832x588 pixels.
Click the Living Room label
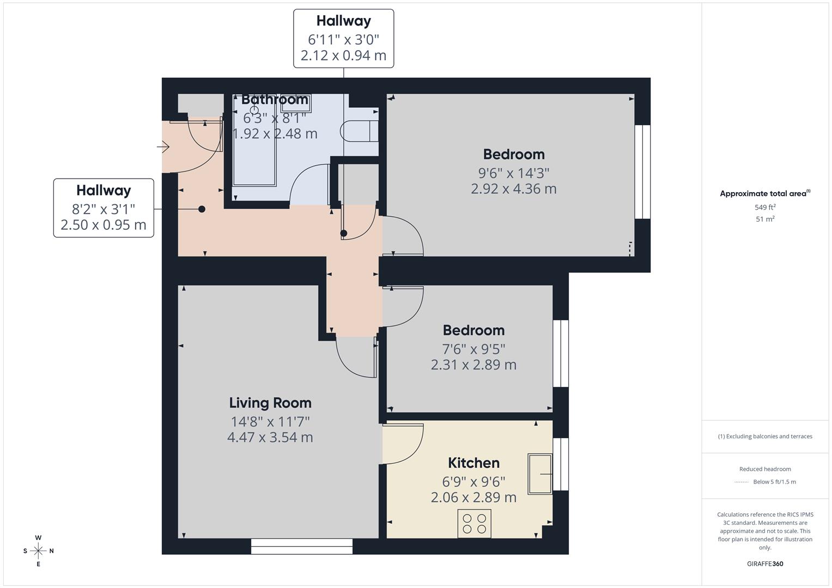click(x=270, y=403)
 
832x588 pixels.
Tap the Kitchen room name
click(x=473, y=463)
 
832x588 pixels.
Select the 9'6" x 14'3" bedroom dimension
click(x=514, y=173)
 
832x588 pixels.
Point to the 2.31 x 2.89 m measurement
click(x=473, y=365)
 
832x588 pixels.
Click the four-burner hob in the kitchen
click(x=474, y=523)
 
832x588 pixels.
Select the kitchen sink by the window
click(x=540, y=474)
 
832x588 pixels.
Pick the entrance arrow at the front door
click(x=163, y=146)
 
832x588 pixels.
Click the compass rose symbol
click(x=38, y=551)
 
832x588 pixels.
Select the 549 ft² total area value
click(x=765, y=207)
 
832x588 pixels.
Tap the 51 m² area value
click(x=765, y=219)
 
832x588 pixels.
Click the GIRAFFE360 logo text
click(x=765, y=563)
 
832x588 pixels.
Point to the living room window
click(x=301, y=546)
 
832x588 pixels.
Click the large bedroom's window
click(x=642, y=171)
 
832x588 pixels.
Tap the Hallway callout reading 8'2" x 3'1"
click(x=104, y=208)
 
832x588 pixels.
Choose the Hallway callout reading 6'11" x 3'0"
click(x=343, y=38)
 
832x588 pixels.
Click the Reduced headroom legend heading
click(x=765, y=469)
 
